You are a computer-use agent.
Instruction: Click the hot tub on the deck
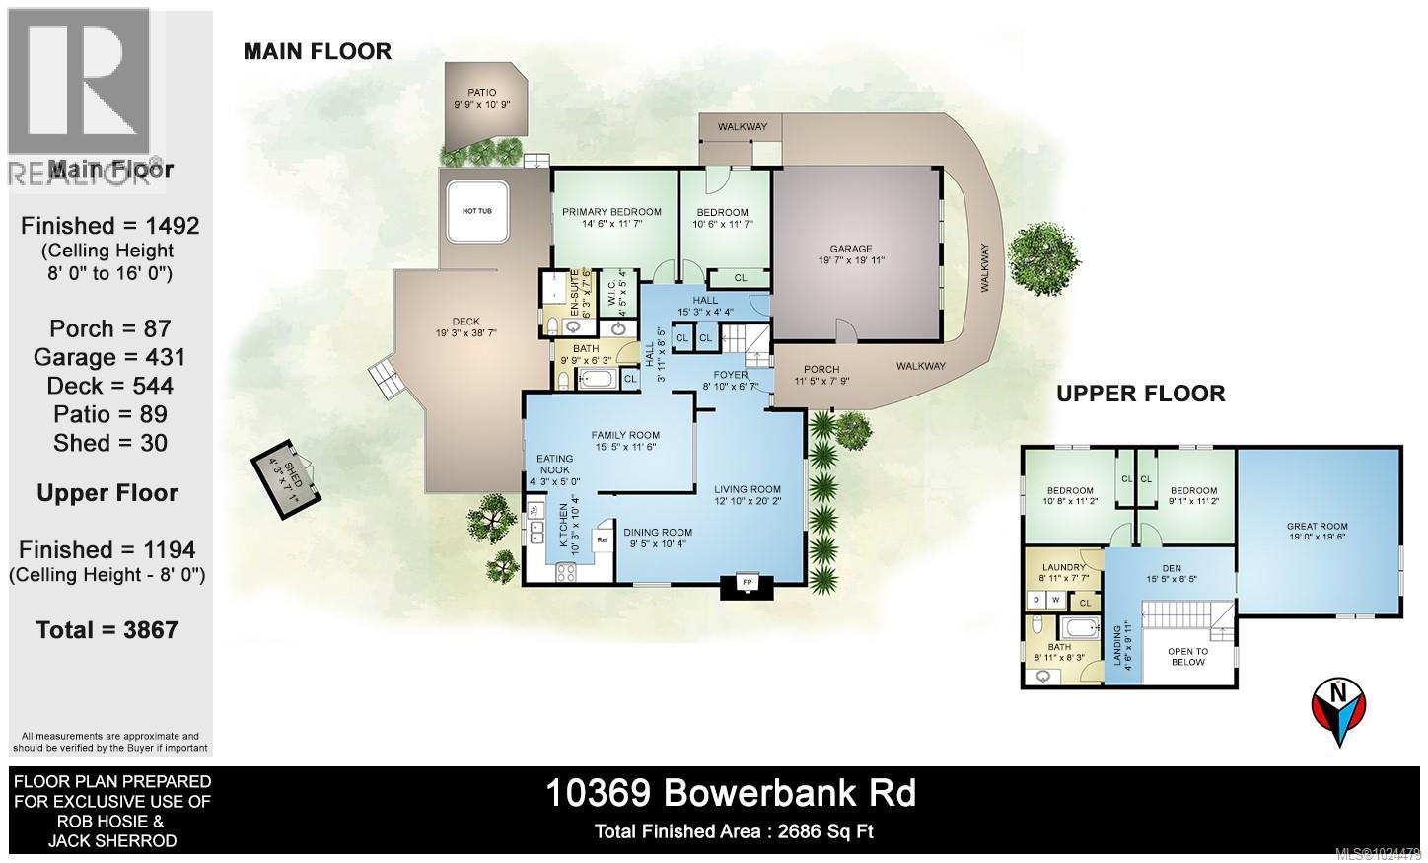(476, 211)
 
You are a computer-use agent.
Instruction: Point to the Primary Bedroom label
(611, 212)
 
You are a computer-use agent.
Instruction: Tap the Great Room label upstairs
(1317, 526)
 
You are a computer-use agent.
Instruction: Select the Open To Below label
(1187, 657)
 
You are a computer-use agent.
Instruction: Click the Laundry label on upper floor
(1064, 567)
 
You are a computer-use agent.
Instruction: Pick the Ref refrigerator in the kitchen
(601, 540)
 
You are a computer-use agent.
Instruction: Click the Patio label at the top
(482, 93)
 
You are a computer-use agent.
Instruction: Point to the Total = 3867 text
(107, 629)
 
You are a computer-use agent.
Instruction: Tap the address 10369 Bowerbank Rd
(730, 793)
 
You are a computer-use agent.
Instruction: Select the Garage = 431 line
(108, 357)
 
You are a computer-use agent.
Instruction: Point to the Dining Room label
(658, 533)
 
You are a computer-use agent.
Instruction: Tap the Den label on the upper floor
(1170, 567)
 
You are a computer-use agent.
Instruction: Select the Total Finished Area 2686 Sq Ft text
(734, 831)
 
